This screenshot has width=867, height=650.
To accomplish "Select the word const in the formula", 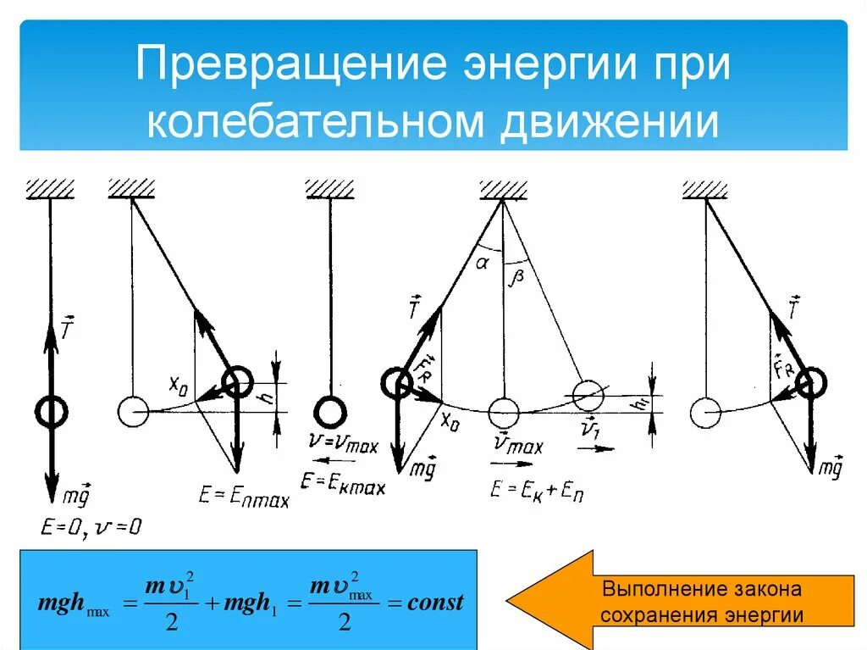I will coord(436,603).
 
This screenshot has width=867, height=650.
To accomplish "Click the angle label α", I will coord(483,263).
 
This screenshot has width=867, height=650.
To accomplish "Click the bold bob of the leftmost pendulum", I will coord(52,412).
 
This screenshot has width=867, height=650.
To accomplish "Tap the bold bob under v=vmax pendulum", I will coord(329,412).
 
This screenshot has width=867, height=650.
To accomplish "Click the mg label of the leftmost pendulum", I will coord(78,494).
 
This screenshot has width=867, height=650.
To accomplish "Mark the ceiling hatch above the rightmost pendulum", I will coord(705,189).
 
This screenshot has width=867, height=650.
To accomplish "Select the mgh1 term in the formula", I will coord(248,604).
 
